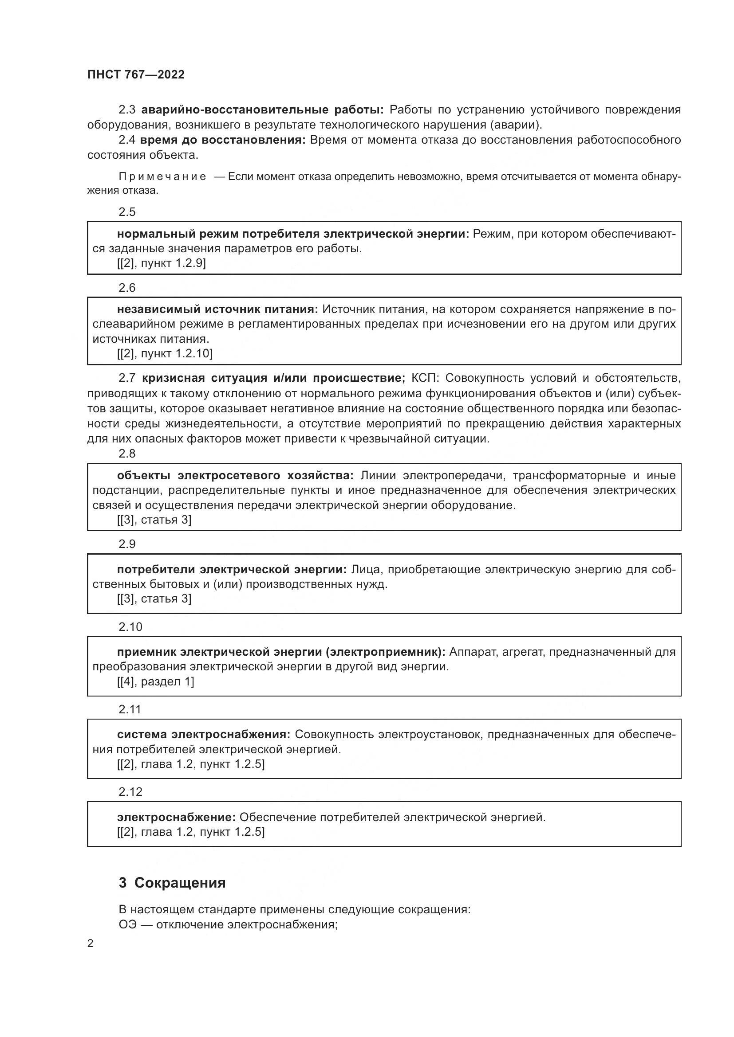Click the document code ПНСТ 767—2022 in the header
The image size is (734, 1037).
pos(136,74)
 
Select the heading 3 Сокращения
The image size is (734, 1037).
pos(172,883)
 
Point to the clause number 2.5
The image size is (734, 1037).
pos(127,212)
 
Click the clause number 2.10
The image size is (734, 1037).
pos(130,627)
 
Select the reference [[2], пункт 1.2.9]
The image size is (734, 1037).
pos(162,263)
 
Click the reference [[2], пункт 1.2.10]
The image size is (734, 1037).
pos(165,353)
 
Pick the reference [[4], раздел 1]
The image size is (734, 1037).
pos(155,681)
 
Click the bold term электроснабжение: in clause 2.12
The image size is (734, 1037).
pos(176,817)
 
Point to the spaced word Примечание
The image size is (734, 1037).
pos(162,176)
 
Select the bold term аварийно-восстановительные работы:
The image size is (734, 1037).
pos(263,110)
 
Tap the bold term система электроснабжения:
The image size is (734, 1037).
pos(204,735)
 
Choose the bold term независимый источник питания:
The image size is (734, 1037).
pos(217,309)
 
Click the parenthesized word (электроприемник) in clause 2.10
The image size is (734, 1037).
pos(385,652)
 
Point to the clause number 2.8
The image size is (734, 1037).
pos(127,454)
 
